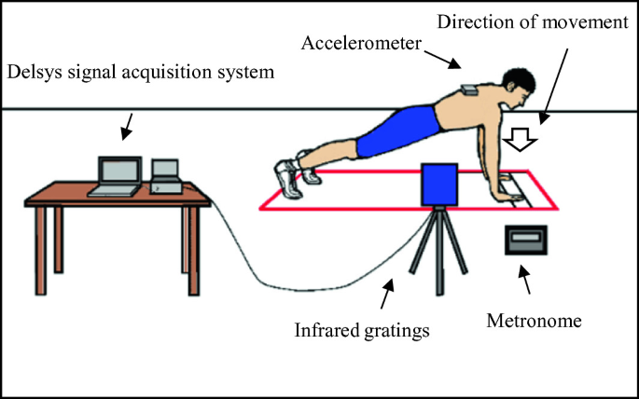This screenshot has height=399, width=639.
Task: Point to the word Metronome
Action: [535, 322]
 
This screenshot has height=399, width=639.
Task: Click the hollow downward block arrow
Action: [521, 141]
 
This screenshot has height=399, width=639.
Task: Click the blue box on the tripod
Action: [439, 185]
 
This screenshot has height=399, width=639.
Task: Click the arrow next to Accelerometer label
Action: [451, 62]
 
